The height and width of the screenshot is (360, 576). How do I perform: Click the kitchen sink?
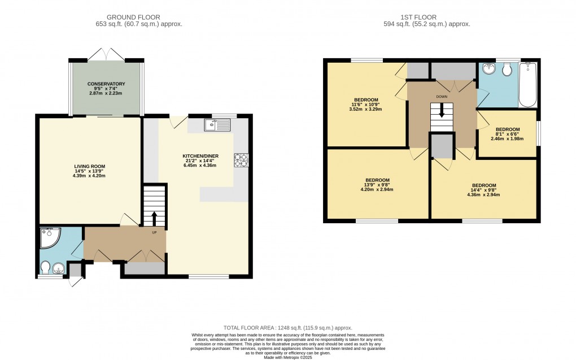tap(218, 125)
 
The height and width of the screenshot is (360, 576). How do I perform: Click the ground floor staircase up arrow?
tap(154, 218)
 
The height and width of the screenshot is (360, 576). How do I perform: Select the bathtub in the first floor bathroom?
tap(528, 85)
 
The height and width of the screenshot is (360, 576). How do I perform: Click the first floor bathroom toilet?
tap(507, 70)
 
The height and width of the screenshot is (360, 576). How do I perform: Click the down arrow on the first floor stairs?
tap(442, 112)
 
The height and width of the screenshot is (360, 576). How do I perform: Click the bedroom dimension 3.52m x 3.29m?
tap(366, 109)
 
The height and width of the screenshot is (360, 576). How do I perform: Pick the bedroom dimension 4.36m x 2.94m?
tap(483, 195)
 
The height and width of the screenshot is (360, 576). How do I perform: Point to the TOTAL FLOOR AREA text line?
tap(288, 327)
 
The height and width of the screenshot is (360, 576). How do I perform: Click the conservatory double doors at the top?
tap(106, 54)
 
